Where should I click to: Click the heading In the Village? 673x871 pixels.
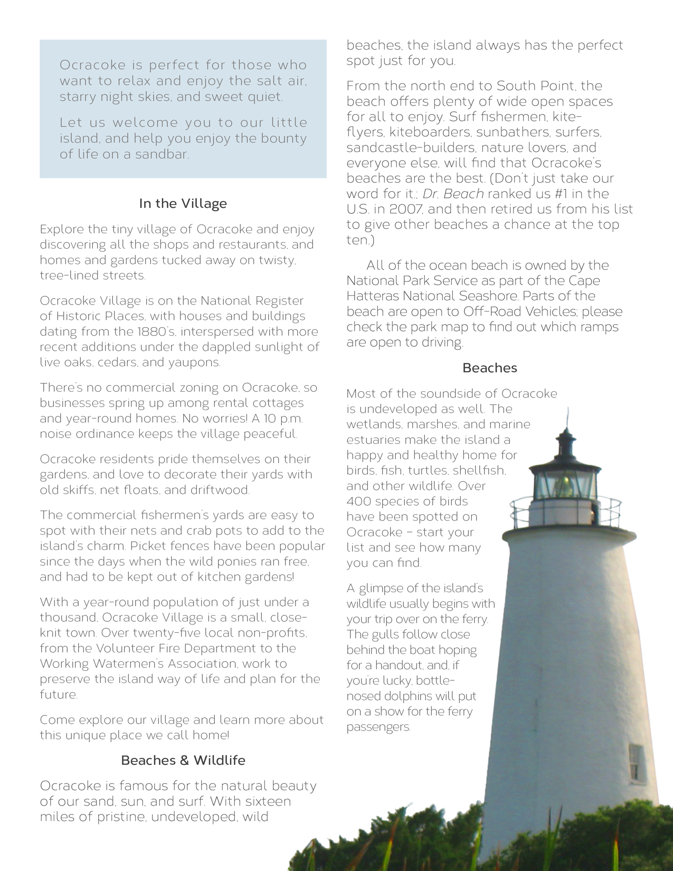point(183,204)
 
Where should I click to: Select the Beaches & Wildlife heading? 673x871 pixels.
point(183,761)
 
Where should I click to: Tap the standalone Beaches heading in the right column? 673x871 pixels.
point(489,368)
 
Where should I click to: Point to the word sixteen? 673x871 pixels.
point(261,801)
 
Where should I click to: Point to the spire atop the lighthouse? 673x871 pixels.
point(567,420)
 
